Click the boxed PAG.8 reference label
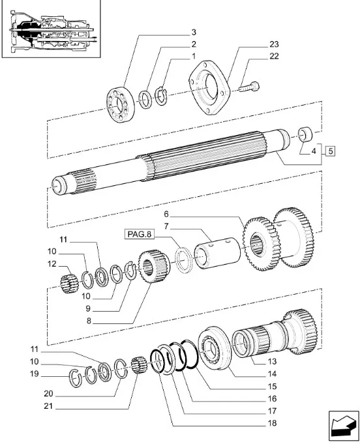click(x=140, y=235)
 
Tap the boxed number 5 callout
click(x=330, y=151)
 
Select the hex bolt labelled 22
click(x=249, y=86)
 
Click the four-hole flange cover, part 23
click(x=209, y=87)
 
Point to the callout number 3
click(x=194, y=32)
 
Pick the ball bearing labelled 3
click(x=121, y=104)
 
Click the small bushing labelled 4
click(x=305, y=134)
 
